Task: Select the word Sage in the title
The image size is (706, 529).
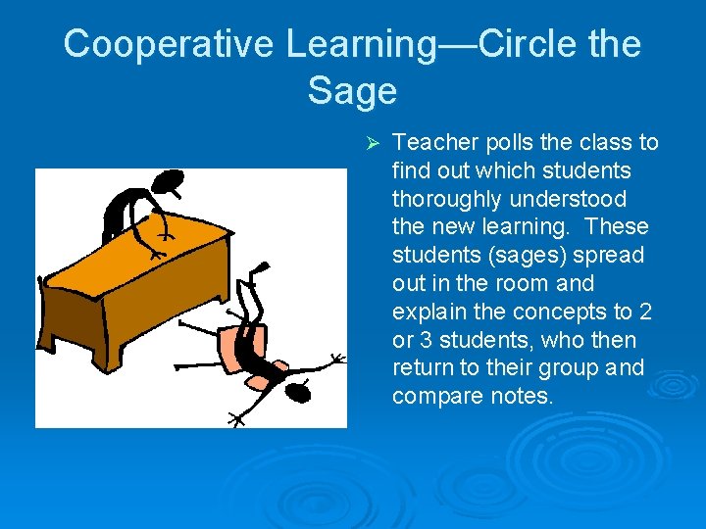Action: pyautogui.click(x=352, y=91)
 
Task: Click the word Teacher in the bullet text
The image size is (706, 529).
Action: pyautogui.click(x=435, y=143)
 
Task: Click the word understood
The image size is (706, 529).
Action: pyautogui.click(x=568, y=199)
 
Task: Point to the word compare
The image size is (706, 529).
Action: pyautogui.click(x=436, y=397)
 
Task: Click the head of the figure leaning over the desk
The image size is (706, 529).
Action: pyautogui.click(x=168, y=182)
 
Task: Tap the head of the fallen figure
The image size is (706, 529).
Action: pyautogui.click(x=298, y=391)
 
